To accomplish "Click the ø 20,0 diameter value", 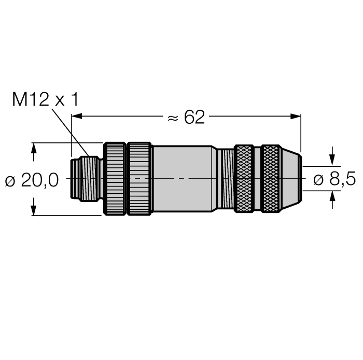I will click(x=32, y=180).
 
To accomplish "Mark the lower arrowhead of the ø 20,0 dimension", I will click(x=34, y=209).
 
